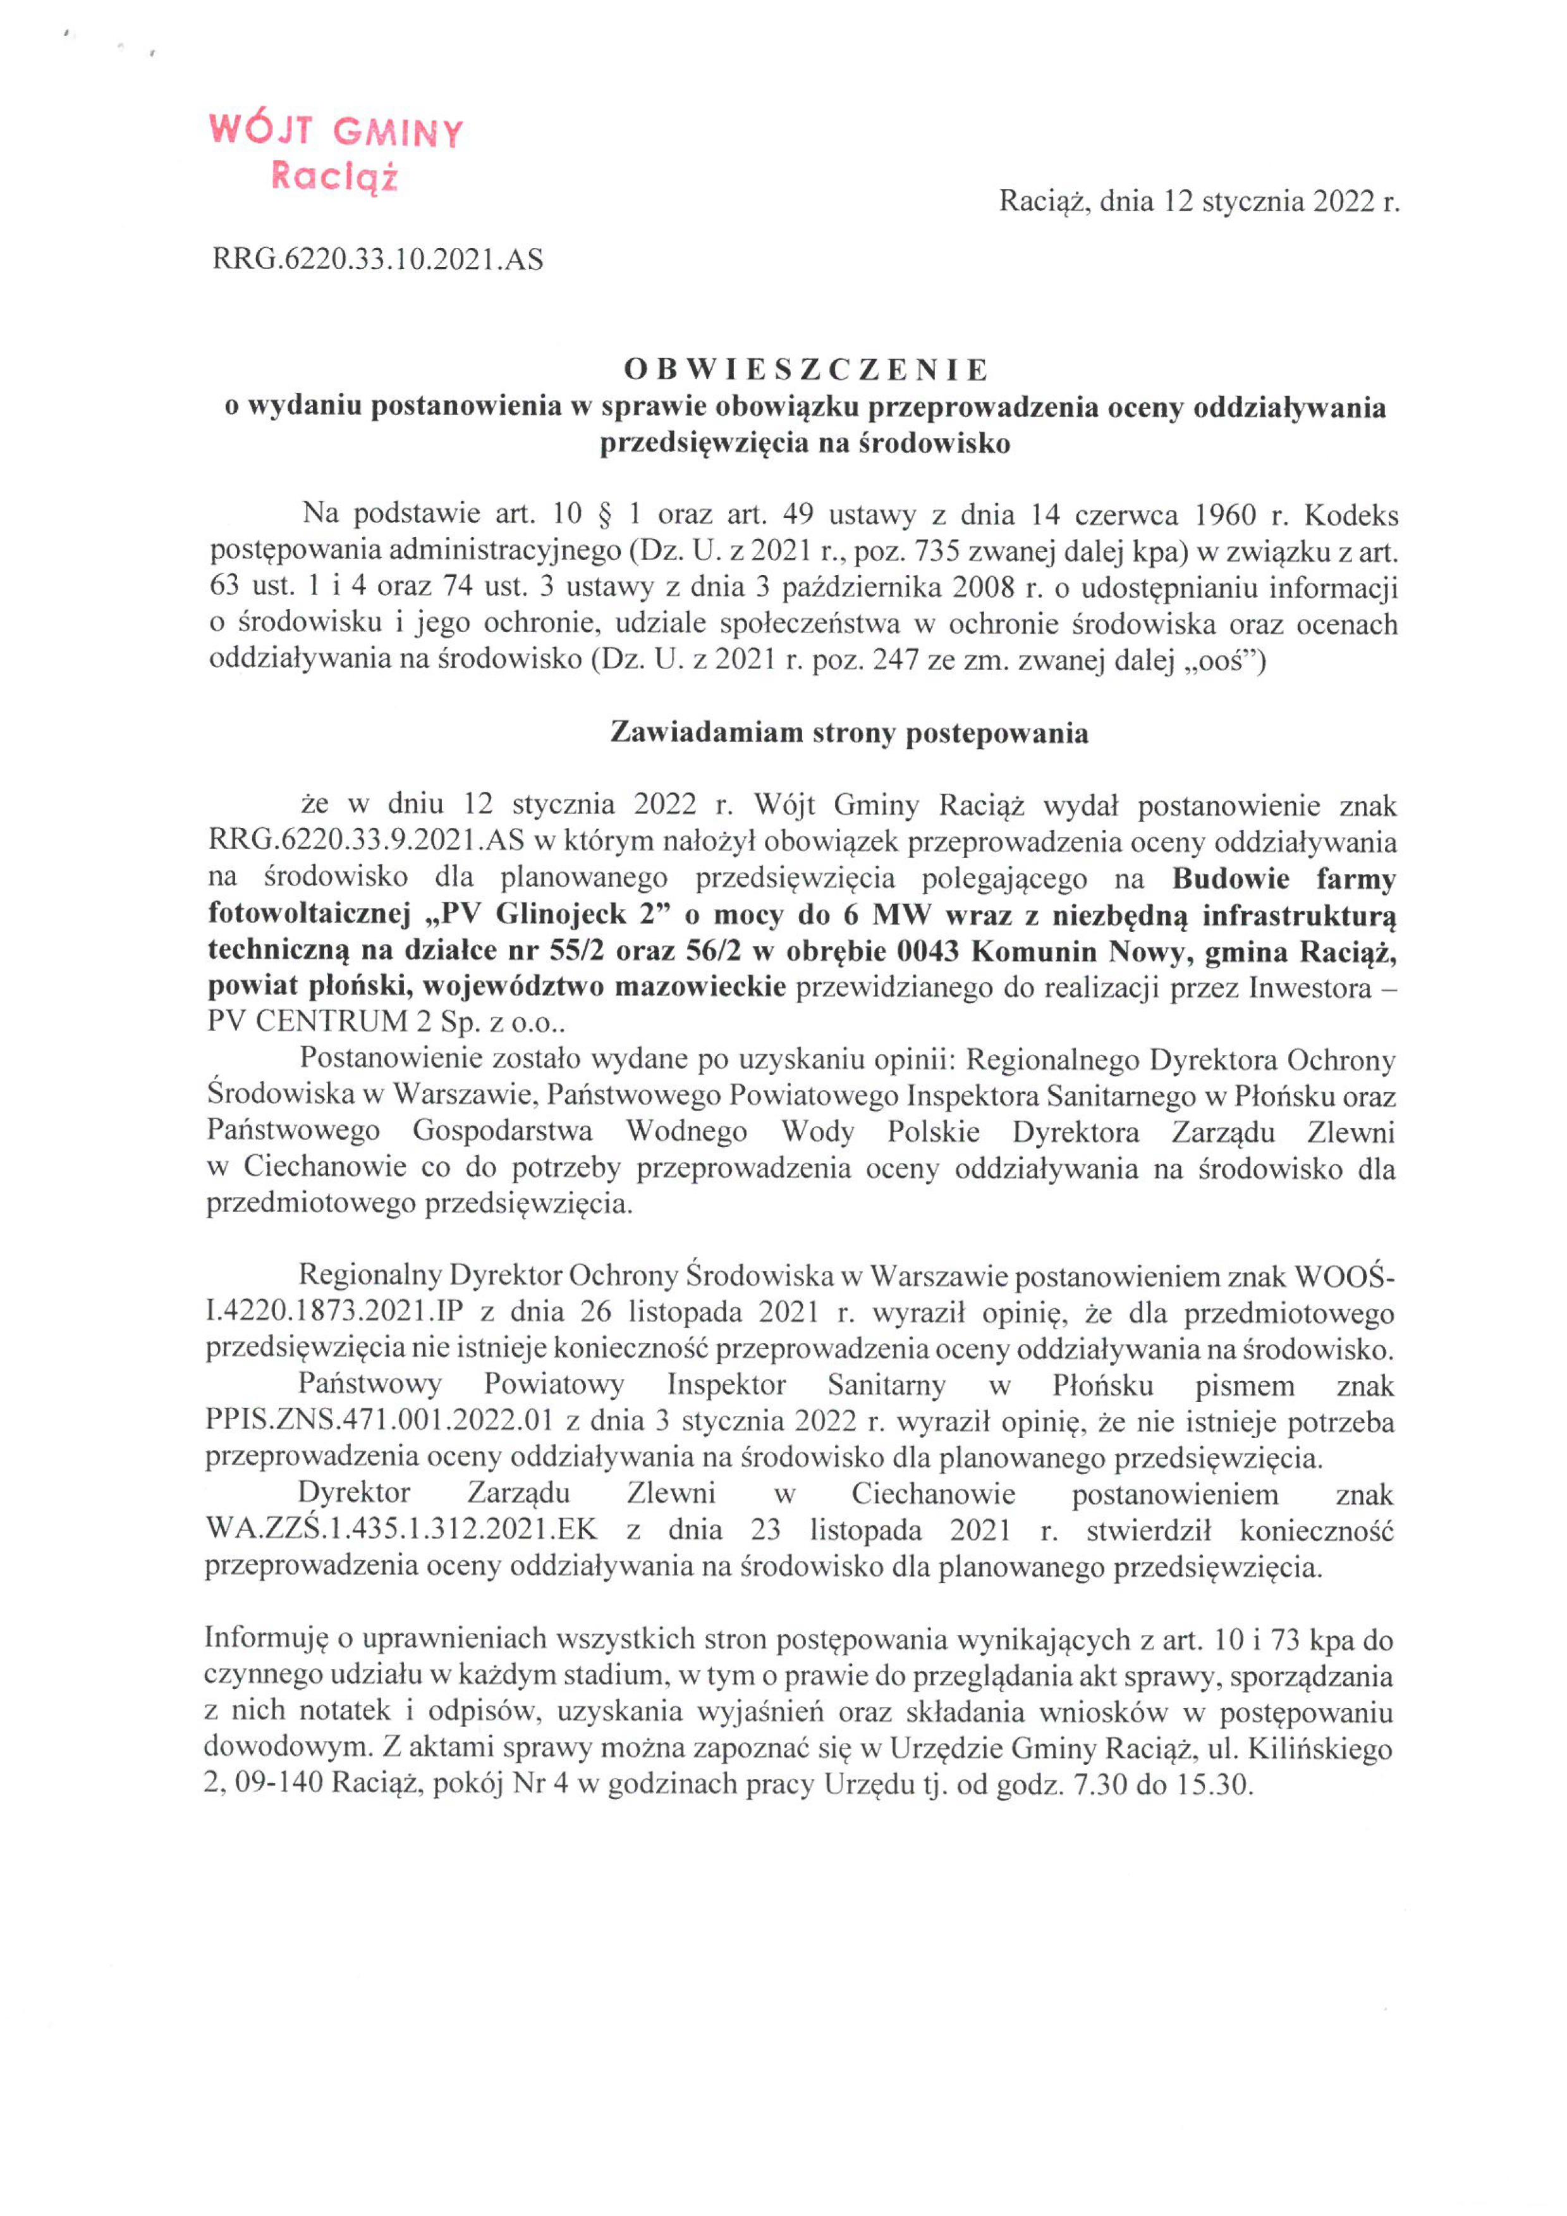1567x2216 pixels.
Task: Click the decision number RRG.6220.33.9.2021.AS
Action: (366, 842)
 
